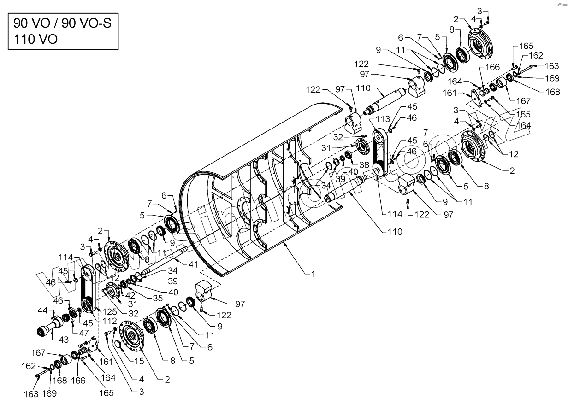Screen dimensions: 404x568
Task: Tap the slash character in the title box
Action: pos(56,23)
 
